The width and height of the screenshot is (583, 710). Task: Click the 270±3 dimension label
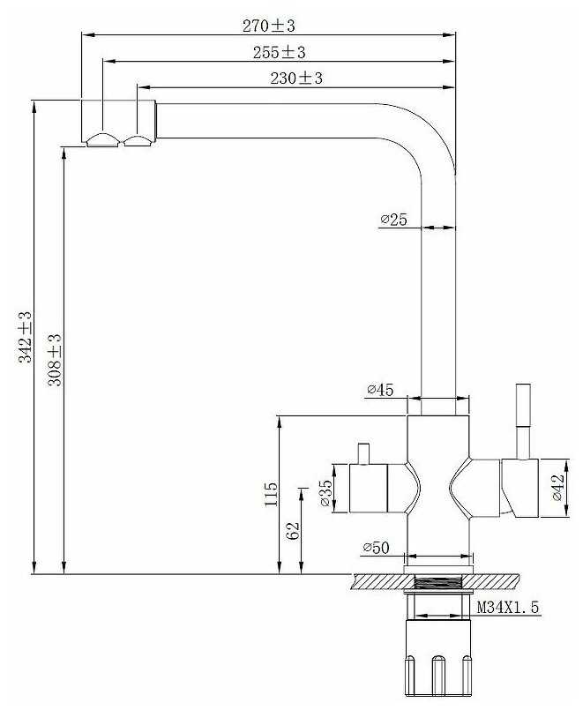click(268, 26)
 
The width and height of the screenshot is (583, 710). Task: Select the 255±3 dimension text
click(279, 52)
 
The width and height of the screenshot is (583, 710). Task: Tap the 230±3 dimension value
click(296, 78)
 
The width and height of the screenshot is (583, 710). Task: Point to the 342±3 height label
click(26, 337)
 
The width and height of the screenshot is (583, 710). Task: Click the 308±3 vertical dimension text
click(55, 360)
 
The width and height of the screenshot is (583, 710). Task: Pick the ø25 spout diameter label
click(393, 220)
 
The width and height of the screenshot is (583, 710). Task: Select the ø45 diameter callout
click(380, 390)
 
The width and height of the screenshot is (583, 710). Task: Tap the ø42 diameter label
click(558, 487)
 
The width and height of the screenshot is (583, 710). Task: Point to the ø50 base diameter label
click(376, 548)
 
